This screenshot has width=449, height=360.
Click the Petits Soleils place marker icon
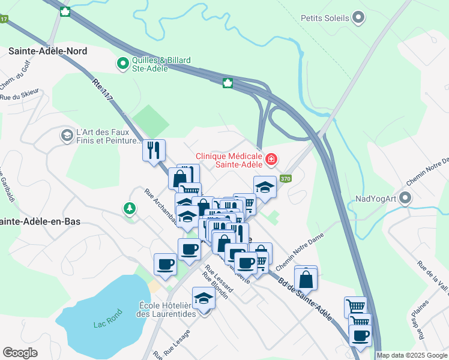click(358, 17)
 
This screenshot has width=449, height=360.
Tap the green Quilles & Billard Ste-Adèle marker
click(123, 62)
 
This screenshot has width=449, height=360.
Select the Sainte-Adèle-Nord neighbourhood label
click(47, 51)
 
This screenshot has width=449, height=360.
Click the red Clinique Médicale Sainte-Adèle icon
click(271, 159)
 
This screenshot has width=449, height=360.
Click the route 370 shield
click(286, 178)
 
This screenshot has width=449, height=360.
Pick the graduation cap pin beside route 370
click(265, 187)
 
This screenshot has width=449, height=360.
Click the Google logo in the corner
click(20, 353)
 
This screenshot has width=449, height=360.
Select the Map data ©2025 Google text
click(412, 355)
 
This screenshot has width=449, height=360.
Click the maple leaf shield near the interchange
click(228, 83)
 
